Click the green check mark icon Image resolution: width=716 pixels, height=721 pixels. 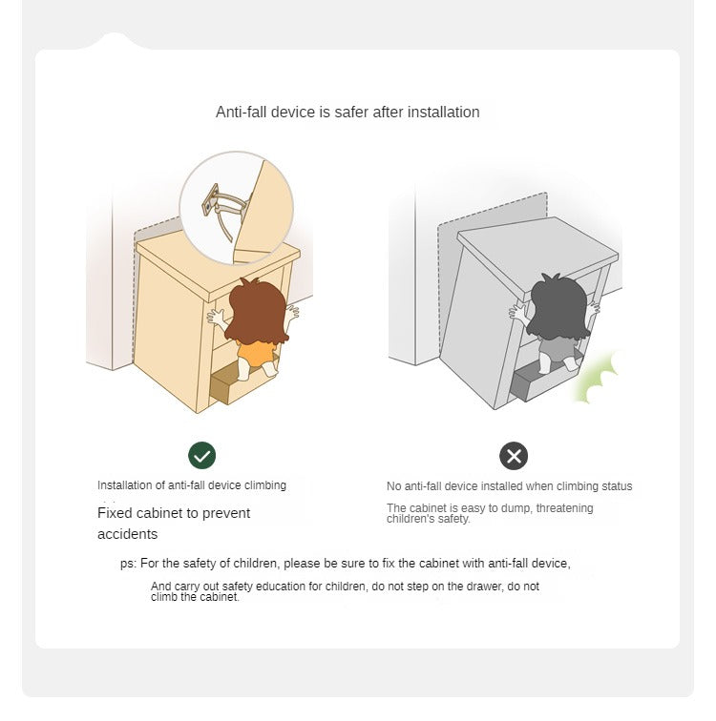(x=201, y=455)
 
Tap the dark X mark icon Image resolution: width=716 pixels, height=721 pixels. (x=514, y=456)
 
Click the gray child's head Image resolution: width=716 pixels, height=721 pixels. (x=558, y=307)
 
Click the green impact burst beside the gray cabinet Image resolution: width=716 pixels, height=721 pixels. (x=596, y=378)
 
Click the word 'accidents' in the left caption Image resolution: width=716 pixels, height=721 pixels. (x=128, y=534)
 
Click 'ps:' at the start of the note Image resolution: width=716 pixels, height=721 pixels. (x=128, y=564)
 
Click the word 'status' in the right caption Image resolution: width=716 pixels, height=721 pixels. (x=617, y=486)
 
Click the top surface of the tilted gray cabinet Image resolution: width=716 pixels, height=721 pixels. (x=537, y=252)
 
